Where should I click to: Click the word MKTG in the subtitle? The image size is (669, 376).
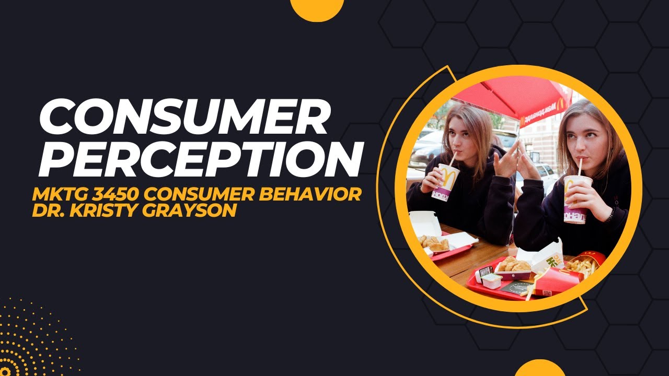tap(57, 195)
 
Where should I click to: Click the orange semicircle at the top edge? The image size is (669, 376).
tap(317, 7)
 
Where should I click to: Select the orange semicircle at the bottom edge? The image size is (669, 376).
tap(540, 369)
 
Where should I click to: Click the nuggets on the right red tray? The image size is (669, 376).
tap(514, 266)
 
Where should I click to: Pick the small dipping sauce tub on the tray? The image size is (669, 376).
tap(491, 281)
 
